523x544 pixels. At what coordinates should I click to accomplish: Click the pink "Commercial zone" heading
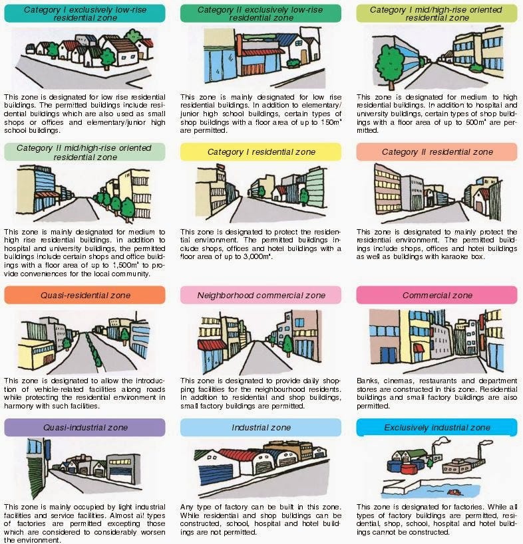pyautogui.click(x=436, y=295)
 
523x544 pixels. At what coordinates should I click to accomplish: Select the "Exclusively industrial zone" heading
pyautogui.click(x=436, y=427)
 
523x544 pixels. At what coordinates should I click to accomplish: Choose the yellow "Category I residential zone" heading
pyautogui.click(x=260, y=152)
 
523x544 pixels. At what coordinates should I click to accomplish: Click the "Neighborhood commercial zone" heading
pyautogui.click(x=260, y=295)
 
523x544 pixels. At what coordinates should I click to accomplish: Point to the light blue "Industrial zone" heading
pyautogui.click(x=260, y=427)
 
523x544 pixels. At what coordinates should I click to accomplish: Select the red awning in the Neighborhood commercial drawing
pyautogui.click(x=212, y=345)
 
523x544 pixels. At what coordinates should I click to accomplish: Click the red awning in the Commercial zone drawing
pyautogui.click(x=418, y=347)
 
